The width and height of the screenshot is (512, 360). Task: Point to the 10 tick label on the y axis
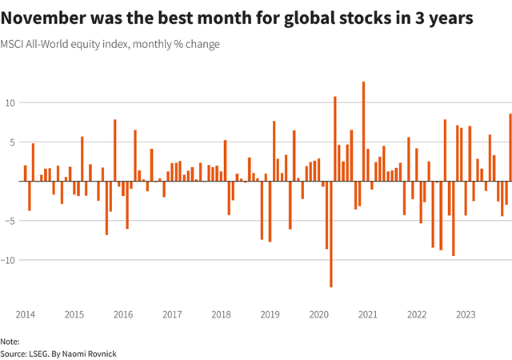[x=10, y=103]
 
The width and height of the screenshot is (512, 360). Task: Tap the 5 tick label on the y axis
[x=13, y=142]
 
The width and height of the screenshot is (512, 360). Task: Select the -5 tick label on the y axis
[x=11, y=221]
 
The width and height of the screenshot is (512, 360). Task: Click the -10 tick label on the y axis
[x=9, y=260]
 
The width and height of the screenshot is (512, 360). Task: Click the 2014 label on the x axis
[x=25, y=314]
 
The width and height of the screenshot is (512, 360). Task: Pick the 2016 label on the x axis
[x=123, y=314]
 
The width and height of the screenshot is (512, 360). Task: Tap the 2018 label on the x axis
[x=221, y=314]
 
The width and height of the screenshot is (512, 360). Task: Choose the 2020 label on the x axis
[x=318, y=314]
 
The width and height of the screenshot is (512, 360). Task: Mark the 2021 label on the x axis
[x=368, y=314]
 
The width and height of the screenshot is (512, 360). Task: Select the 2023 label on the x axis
[x=466, y=314]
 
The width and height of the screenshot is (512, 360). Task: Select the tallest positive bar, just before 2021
[x=363, y=131]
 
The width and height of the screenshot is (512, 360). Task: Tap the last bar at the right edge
[x=510, y=148]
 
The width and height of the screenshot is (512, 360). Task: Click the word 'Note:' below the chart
[x=10, y=341]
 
